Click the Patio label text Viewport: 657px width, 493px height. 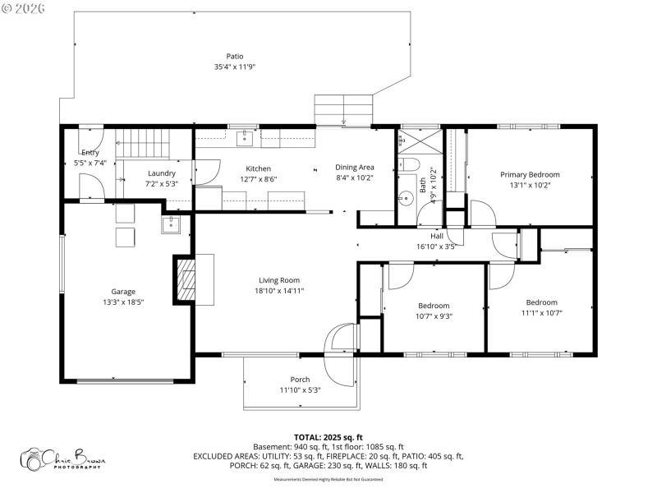235,56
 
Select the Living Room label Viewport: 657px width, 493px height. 279,279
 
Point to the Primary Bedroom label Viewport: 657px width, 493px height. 530,174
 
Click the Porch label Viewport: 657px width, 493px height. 300,379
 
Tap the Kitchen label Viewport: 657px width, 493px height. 253,168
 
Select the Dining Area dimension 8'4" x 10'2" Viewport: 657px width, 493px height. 355,178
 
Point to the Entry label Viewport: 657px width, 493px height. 90,153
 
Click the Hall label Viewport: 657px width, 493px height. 437,236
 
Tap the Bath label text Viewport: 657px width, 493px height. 424,186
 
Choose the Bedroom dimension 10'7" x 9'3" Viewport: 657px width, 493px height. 434,316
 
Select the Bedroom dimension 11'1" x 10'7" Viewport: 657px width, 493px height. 541,312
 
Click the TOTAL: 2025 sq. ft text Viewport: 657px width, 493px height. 328,437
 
